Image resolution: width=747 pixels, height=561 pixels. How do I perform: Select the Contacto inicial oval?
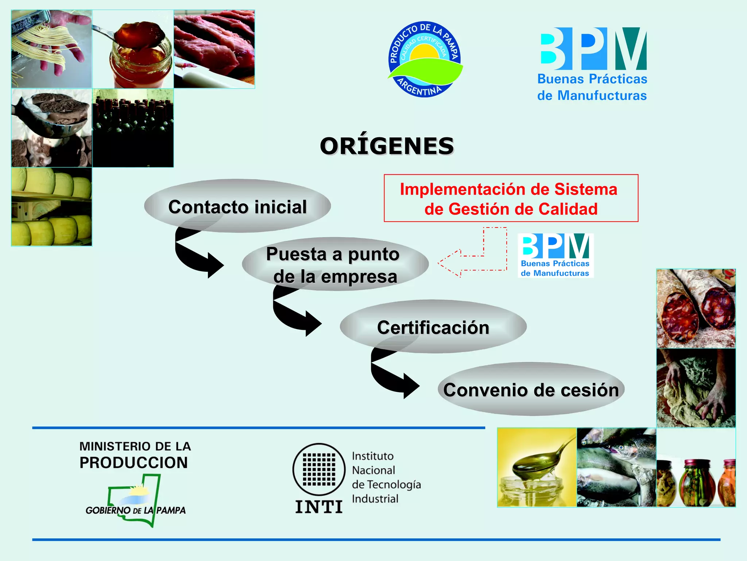coord(237,206)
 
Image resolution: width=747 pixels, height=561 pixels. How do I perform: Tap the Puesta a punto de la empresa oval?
coord(335,264)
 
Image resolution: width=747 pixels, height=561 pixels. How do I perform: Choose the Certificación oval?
coord(433,327)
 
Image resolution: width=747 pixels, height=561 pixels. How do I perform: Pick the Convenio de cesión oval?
coord(531,389)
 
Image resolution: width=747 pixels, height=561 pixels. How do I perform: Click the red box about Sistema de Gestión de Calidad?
coord(511,198)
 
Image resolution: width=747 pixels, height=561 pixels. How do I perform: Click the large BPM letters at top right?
coord(593,49)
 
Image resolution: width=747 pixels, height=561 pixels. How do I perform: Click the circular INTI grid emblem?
coord(319,470)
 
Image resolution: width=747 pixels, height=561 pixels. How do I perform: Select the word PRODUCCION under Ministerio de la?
coord(133,463)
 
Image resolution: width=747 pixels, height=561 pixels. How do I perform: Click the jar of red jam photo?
coord(133,49)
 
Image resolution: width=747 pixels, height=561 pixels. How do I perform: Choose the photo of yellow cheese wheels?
coord(51,207)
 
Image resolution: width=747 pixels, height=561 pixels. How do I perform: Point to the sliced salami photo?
coord(696,309)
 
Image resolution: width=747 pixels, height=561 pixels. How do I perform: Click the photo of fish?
coord(616,467)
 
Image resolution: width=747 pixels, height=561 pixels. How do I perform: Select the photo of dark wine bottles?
coord(133,128)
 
